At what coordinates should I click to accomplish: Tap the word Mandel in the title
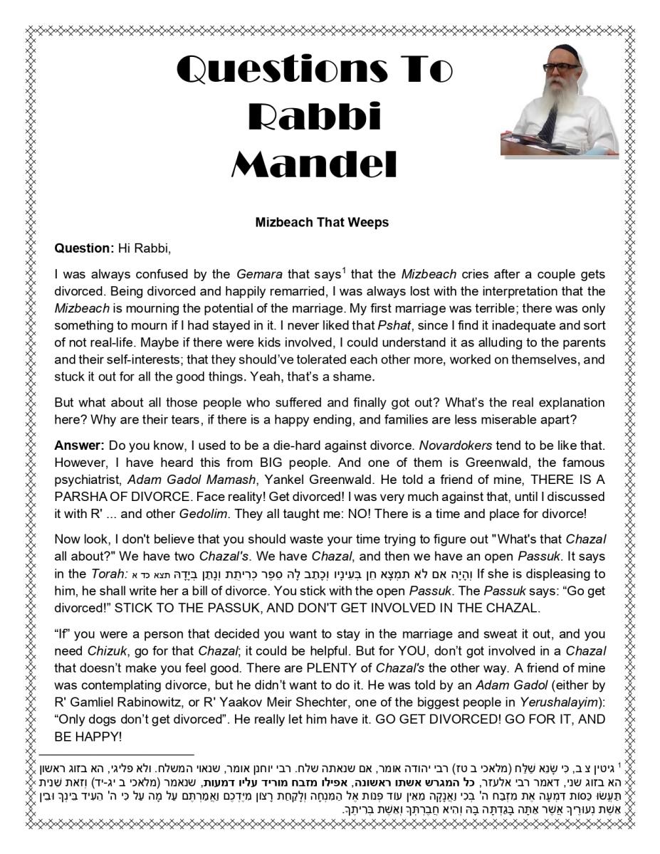(314, 164)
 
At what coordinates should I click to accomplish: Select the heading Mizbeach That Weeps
(322, 222)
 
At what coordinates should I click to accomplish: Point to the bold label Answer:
(80, 445)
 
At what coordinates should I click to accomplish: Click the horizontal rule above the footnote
(117, 754)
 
